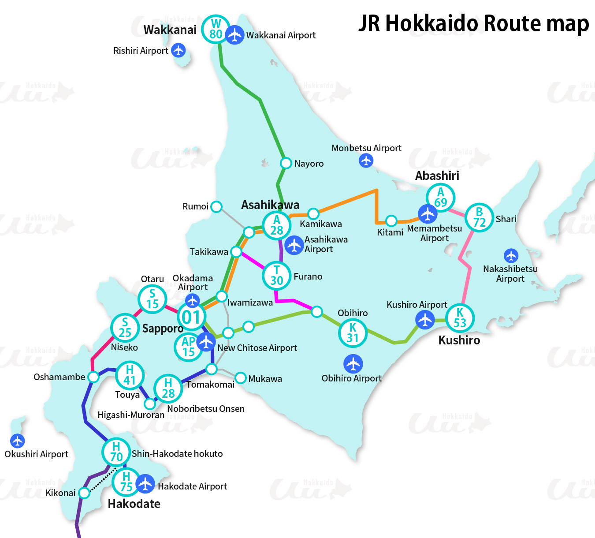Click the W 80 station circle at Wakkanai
(x=216, y=29)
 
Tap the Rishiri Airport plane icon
(x=178, y=50)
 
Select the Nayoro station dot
(x=286, y=163)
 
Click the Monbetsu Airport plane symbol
(x=366, y=160)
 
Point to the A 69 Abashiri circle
(x=440, y=198)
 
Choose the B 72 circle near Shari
(x=479, y=217)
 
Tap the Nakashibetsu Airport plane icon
(x=511, y=256)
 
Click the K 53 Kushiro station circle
(x=460, y=318)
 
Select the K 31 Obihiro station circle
(x=353, y=333)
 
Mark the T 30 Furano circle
(x=276, y=276)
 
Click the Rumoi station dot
(x=216, y=206)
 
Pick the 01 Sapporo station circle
(x=191, y=317)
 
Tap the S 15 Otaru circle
(x=152, y=299)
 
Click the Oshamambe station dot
(x=93, y=377)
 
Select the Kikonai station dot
(x=84, y=493)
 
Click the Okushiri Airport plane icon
(x=18, y=441)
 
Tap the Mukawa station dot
(x=241, y=378)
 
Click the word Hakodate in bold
(x=134, y=504)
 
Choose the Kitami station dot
(x=391, y=220)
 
